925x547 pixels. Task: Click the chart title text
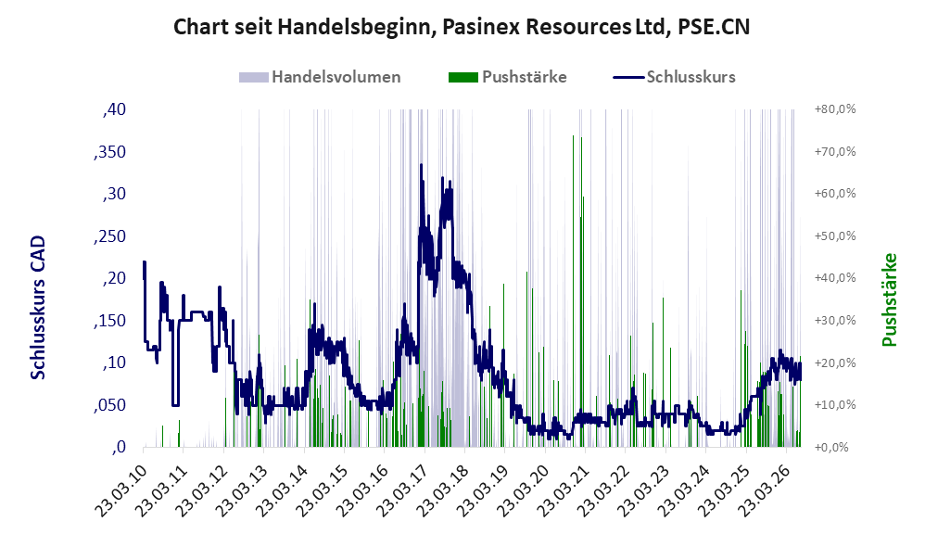462,27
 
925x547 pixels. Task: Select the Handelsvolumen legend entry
320,77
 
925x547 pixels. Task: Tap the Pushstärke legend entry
508,77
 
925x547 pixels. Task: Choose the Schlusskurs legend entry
674,77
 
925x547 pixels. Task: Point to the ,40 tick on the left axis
114,109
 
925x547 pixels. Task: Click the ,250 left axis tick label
109,236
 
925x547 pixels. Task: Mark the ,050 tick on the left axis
109,405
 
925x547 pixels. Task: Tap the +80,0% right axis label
835,109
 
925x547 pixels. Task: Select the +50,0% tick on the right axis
835,236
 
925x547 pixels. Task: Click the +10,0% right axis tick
835,405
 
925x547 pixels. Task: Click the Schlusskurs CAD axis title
38,308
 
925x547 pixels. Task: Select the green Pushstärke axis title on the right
889,299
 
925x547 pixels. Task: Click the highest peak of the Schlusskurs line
421,165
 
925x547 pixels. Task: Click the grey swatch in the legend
254,77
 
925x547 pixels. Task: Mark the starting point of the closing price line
144,262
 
